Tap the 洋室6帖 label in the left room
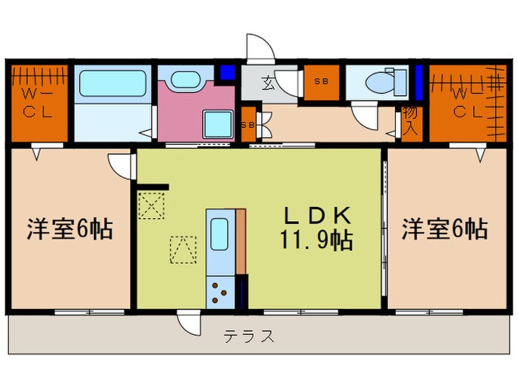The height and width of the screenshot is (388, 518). pos(70,229)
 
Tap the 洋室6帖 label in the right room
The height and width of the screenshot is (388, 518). pos(445,229)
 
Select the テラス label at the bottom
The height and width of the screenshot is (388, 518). pos(249,336)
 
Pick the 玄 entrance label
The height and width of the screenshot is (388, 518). pos(268,84)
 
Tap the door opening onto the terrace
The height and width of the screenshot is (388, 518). pos(188,321)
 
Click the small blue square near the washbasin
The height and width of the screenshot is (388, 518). pos(226,73)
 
